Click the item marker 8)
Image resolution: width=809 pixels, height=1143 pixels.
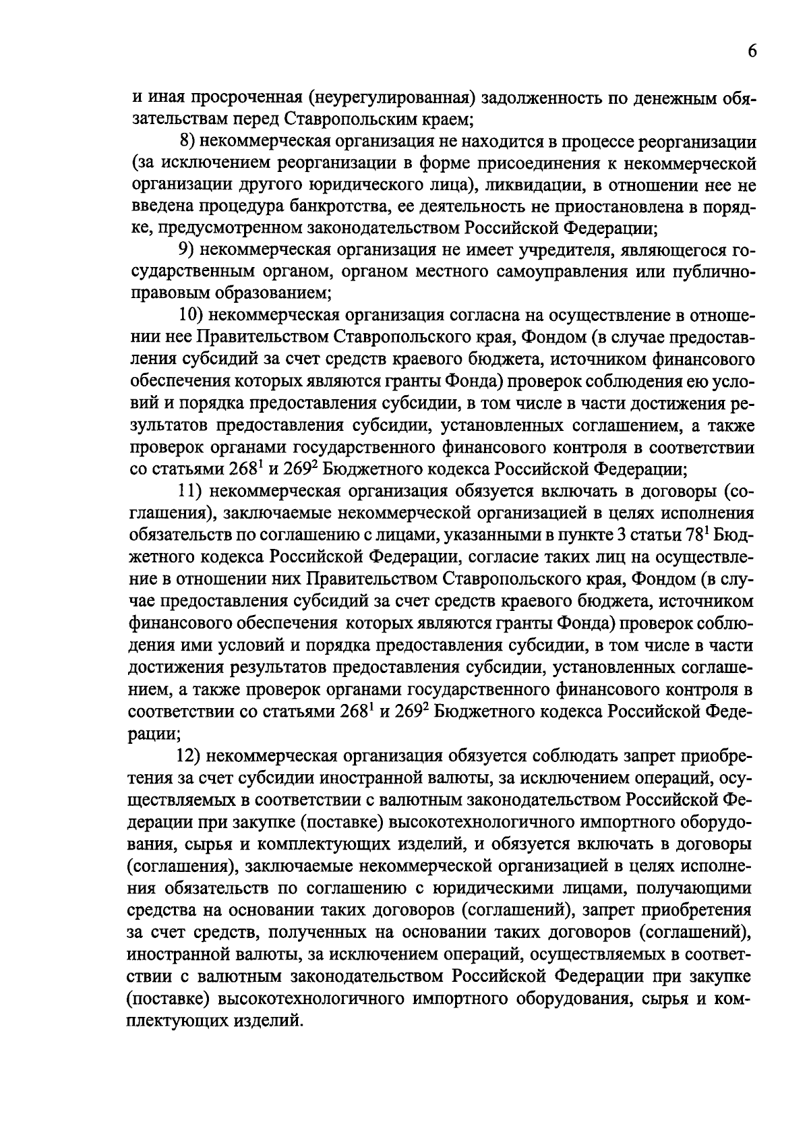click(x=187, y=142)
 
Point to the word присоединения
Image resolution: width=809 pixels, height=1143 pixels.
click(x=510, y=164)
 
